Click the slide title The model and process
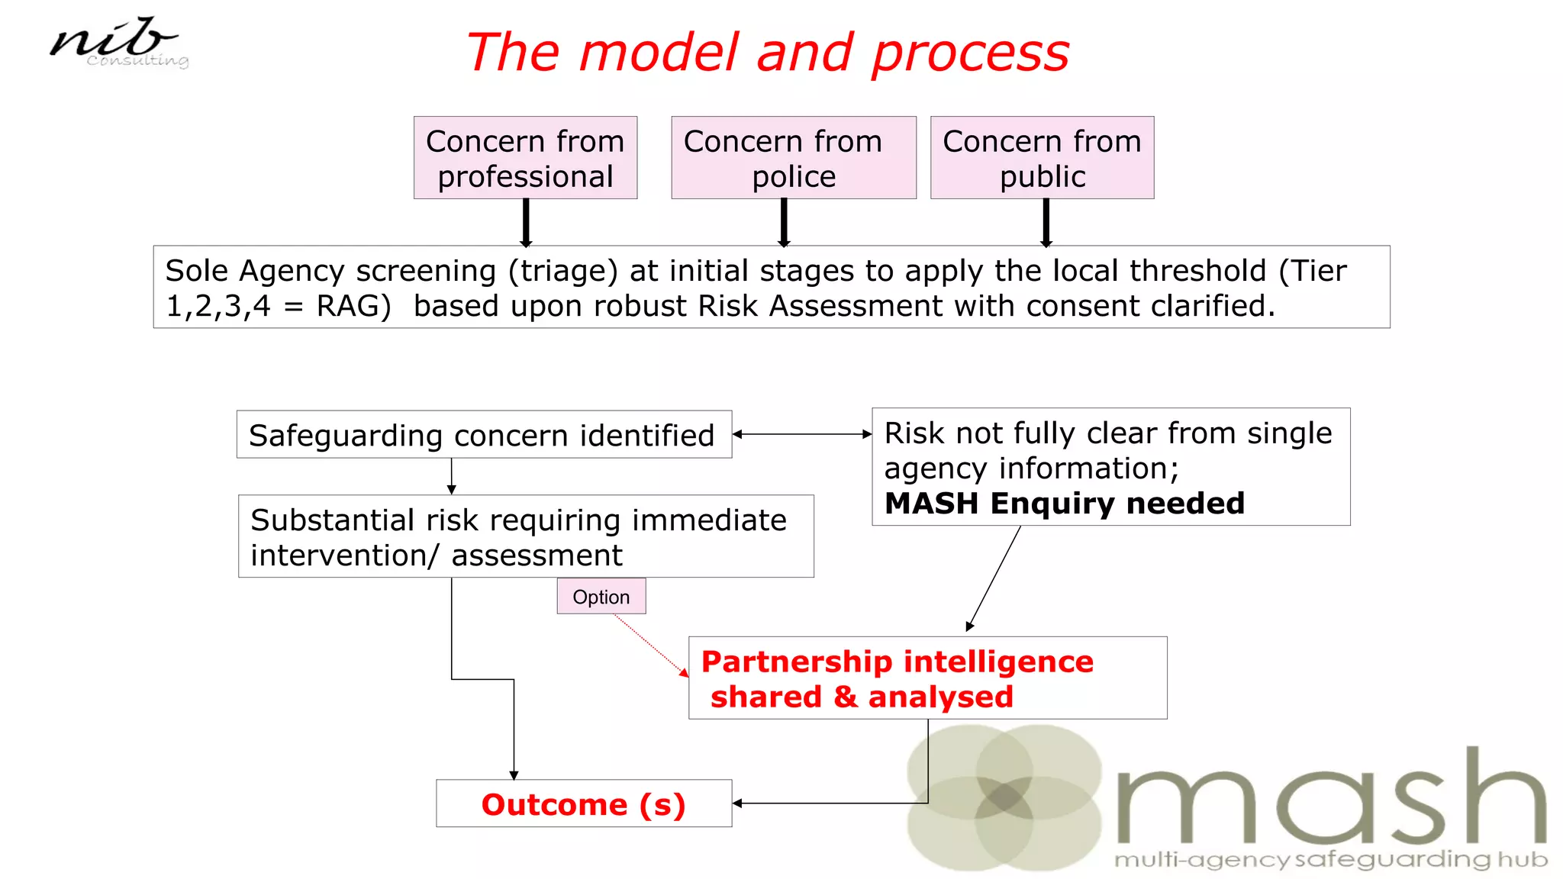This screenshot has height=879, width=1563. pyautogui.click(x=767, y=53)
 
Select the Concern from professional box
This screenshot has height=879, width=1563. pyautogui.click(x=525, y=158)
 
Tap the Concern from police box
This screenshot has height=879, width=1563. pyautogui.click(x=793, y=158)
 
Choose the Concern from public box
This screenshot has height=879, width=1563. pyautogui.click(x=1042, y=158)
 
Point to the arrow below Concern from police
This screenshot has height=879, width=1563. pyautogui.click(x=784, y=222)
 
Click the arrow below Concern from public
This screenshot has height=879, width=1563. pyautogui.click(x=1046, y=222)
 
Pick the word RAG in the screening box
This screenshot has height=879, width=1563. pyautogui.click(x=348, y=307)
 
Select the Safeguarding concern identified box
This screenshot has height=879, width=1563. pyautogui.click(x=484, y=435)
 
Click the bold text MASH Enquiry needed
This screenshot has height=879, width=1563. pyautogui.click(x=1064, y=504)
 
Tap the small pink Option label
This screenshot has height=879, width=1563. pyautogui.click(x=601, y=597)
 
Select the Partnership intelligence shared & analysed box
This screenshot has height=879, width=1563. pyautogui.click(x=927, y=678)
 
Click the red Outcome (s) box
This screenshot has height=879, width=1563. pyautogui.click(x=584, y=804)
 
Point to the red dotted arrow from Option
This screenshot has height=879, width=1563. pyautogui.click(x=649, y=644)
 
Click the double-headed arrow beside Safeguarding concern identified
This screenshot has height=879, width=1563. pyautogui.click(x=801, y=434)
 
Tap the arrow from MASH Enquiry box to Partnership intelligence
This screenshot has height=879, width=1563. pyautogui.click(x=994, y=578)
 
